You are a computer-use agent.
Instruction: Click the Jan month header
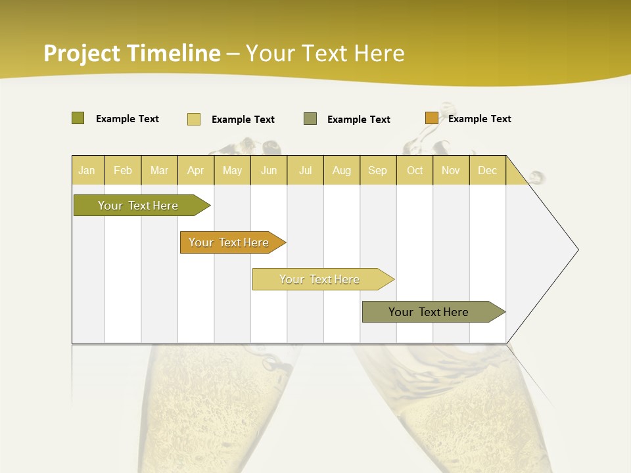[x=87, y=170]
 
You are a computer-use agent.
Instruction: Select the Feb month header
[x=123, y=170]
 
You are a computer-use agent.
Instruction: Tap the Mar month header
[x=159, y=170]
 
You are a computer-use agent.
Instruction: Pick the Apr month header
[x=196, y=170]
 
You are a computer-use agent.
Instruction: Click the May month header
[x=232, y=170]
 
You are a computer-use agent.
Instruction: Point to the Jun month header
[x=269, y=170]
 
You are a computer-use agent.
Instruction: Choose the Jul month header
[x=305, y=170]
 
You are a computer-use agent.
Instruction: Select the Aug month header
[x=342, y=170]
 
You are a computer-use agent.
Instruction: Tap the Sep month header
[x=378, y=170]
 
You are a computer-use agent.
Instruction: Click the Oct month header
[x=415, y=170]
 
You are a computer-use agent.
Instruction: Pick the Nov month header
[x=451, y=170]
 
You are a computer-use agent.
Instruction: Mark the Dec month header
[x=488, y=170]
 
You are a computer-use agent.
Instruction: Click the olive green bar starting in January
[x=139, y=206]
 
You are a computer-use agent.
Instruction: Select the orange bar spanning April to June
[x=229, y=242]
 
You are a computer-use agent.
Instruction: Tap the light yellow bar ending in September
[x=320, y=279]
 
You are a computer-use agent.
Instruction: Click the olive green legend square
[x=78, y=118]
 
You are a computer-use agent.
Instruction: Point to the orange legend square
[x=431, y=118]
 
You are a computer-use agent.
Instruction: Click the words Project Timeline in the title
[x=132, y=53]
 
